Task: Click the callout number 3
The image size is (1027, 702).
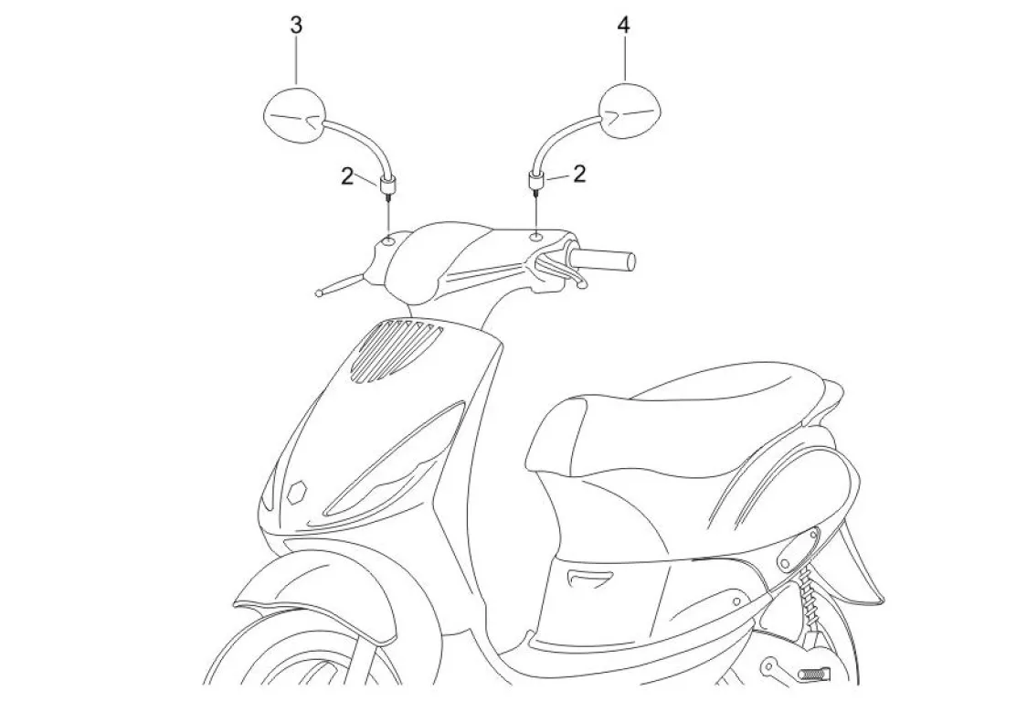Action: click(296, 25)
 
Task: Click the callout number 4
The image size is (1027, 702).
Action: click(624, 25)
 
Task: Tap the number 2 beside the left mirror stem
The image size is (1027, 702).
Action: click(347, 176)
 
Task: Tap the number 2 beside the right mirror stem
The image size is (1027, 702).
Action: click(578, 175)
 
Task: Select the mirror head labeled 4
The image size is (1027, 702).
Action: click(630, 112)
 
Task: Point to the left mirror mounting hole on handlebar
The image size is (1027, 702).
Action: click(389, 241)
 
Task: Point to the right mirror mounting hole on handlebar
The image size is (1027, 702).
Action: click(535, 236)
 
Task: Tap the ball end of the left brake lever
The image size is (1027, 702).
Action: click(317, 292)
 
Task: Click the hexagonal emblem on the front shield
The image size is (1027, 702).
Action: click(296, 493)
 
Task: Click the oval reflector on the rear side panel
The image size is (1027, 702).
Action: click(796, 548)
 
